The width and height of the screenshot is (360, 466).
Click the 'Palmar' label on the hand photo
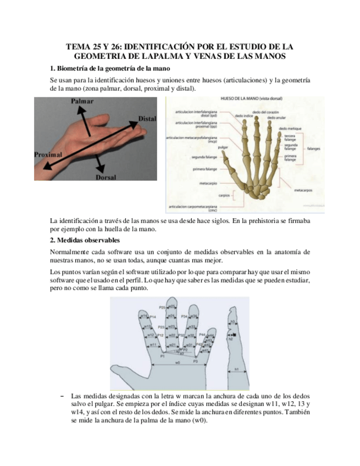82,102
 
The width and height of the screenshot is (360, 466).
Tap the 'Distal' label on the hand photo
147,119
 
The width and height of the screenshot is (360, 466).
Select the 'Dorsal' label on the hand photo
106,177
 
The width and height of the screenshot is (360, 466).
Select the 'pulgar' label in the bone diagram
223,148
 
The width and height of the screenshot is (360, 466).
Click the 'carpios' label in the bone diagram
224,195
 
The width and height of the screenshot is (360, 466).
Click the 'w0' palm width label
177,363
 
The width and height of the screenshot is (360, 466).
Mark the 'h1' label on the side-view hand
237,370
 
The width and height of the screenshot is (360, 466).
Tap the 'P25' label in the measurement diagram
162,307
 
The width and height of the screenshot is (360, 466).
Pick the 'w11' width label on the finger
154,345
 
